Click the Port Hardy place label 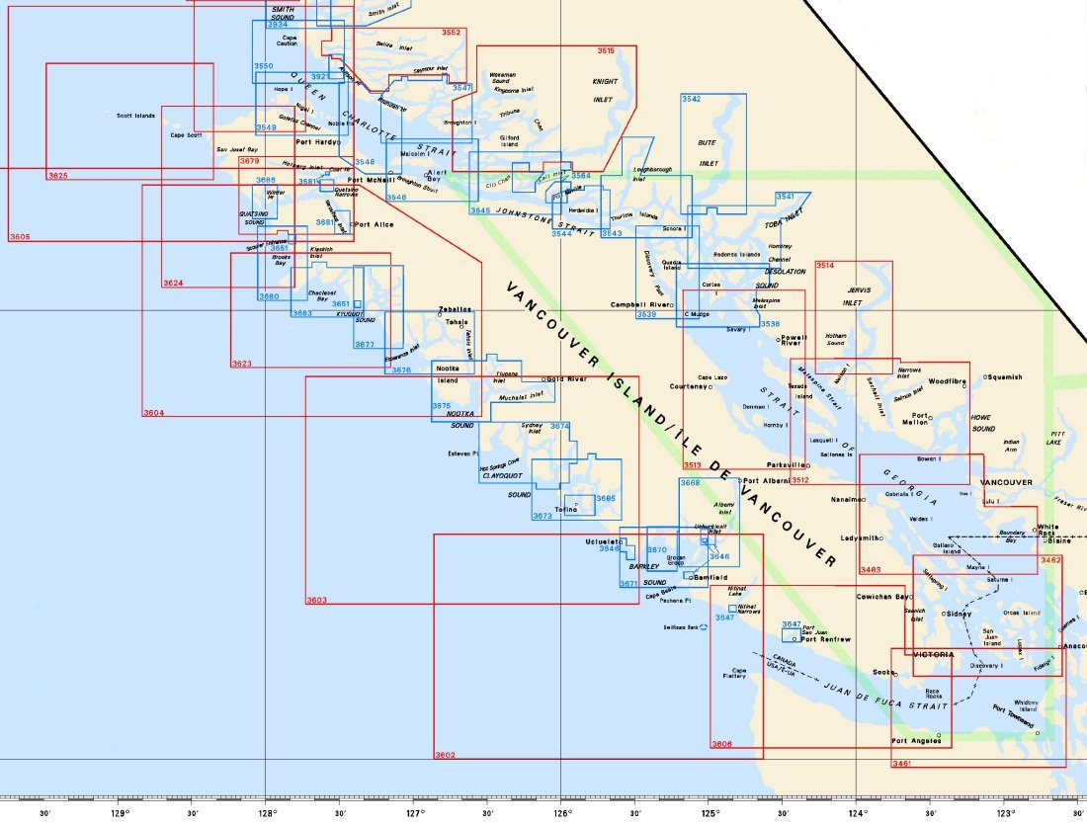pyautogui.click(x=316, y=142)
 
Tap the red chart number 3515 pyautogui.click(x=606, y=50)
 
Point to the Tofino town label pyautogui.click(x=565, y=510)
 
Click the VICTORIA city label pyautogui.click(x=934, y=655)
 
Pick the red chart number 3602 pyautogui.click(x=445, y=755)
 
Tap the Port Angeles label pyautogui.click(x=914, y=741)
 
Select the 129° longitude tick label pyautogui.click(x=119, y=813)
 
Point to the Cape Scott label pyautogui.click(x=185, y=135)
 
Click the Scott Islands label pyautogui.click(x=135, y=116)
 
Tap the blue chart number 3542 pyautogui.click(x=691, y=100)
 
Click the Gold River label pyautogui.click(x=567, y=379)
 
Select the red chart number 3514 pyautogui.click(x=825, y=266)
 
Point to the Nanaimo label pyautogui.click(x=848, y=500)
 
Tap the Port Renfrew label pyautogui.click(x=826, y=639)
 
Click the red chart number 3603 pyautogui.click(x=316, y=600)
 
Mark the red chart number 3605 pyautogui.click(x=20, y=237)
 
